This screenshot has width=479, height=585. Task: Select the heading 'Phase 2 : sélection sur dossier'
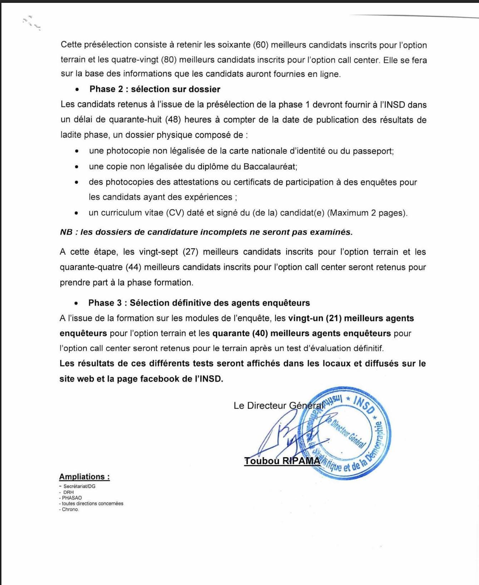155,89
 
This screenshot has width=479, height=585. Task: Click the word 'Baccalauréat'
270,167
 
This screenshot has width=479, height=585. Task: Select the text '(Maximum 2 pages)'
367,213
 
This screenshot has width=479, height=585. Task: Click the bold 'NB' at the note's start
66,232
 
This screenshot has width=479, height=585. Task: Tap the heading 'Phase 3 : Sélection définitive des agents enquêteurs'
199,303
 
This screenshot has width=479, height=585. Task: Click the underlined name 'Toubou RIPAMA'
282,461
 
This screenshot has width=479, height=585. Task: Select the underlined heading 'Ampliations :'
84,477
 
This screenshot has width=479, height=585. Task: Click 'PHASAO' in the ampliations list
71,498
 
